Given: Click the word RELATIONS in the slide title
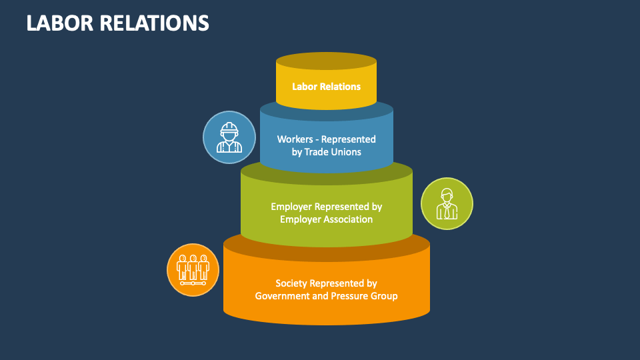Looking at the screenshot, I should pos(155,23).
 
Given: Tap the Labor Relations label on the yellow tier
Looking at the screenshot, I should pos(327,87).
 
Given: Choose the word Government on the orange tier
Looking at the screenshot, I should pos(282,296).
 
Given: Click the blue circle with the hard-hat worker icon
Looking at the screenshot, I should pos(229,137).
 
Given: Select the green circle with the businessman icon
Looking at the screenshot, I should pos(447,203).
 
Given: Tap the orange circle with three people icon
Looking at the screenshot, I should pos(193,269).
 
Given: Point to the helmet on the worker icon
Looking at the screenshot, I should pos(229,127).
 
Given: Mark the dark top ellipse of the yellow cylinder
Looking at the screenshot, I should pos(327,61).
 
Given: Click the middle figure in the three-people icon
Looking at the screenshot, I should pos(193,267).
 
